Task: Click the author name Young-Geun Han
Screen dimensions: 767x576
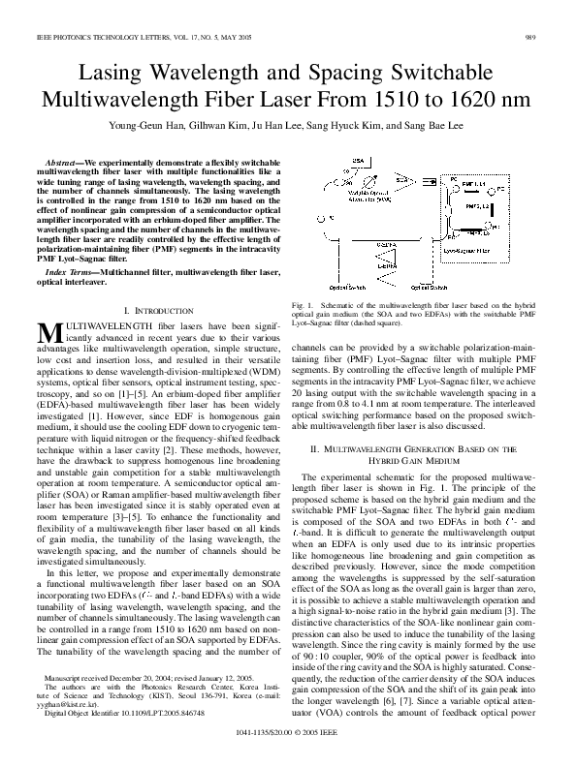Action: point(167,125)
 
